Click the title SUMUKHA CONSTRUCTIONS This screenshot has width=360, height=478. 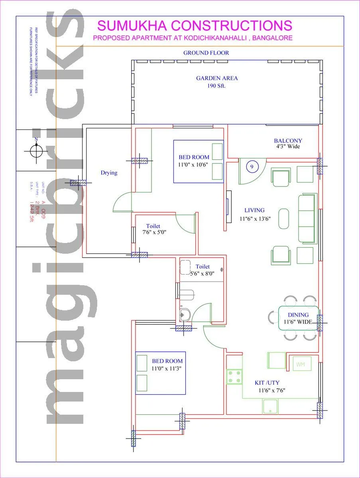point(195,25)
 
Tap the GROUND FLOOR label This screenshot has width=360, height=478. point(206,53)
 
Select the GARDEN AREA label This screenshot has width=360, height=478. point(216,78)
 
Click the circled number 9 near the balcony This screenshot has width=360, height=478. point(252,167)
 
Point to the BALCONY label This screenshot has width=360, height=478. point(288,141)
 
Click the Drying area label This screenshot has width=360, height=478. point(109,173)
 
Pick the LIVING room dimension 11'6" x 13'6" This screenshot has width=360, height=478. point(256,218)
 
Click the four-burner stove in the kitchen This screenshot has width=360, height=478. point(234,377)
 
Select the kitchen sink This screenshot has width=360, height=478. point(270,406)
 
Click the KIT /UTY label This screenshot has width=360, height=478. point(267,383)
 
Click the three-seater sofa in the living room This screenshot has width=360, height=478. point(306,218)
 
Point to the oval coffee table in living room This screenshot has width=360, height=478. point(283,219)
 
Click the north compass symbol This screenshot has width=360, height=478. point(36,151)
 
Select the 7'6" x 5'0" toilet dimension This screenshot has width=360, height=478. point(154,232)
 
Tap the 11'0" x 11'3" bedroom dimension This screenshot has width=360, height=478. point(167,368)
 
